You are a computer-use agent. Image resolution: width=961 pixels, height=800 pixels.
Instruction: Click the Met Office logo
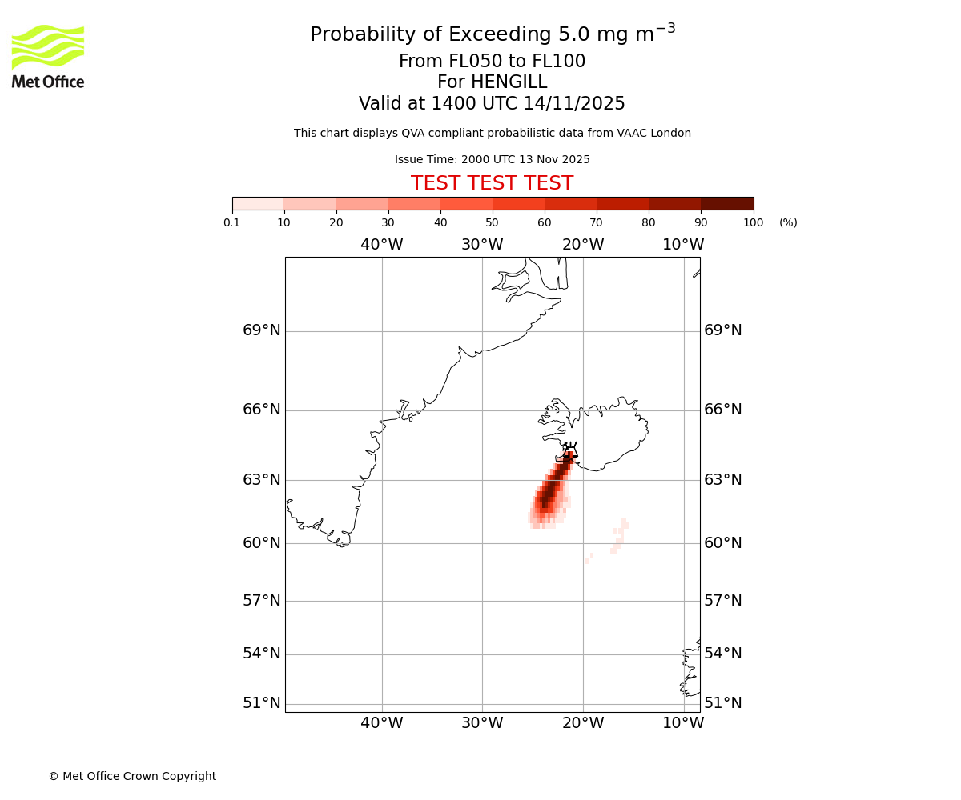pyautogui.click(x=48, y=56)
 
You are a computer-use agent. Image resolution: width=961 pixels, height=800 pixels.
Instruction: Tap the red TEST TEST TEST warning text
pyautogui.click(x=492, y=183)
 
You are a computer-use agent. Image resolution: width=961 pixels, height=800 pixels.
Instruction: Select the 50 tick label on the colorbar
pyautogui.click(x=492, y=222)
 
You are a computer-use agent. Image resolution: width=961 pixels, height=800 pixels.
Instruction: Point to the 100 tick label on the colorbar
pyautogui.click(x=753, y=222)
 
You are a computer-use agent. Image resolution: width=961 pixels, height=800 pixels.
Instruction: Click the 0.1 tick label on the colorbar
pyautogui.click(x=232, y=222)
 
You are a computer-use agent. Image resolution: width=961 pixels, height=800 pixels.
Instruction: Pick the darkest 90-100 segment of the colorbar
pyautogui.click(x=727, y=203)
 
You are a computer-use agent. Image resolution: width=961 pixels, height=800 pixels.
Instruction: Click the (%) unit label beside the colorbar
pyautogui.click(x=788, y=222)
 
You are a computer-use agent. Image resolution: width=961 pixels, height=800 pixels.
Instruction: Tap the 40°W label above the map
pyautogui.click(x=381, y=245)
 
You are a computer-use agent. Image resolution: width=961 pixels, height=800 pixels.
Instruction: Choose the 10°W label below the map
pyautogui.click(x=683, y=723)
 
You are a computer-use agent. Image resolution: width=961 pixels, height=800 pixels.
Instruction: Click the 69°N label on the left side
pyautogui.click(x=262, y=330)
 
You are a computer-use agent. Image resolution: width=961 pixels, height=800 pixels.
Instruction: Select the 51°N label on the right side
pyautogui.click(x=722, y=703)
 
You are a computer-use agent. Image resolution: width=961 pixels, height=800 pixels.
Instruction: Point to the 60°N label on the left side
pyautogui.click(x=262, y=543)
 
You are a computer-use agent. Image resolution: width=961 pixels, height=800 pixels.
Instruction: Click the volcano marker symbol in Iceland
pyautogui.click(x=569, y=450)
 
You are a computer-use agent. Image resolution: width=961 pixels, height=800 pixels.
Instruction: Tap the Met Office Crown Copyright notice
pyautogui.click(x=132, y=776)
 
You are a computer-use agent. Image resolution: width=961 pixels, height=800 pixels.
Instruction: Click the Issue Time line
pyautogui.click(x=492, y=159)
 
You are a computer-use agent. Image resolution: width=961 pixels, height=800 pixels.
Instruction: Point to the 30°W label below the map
pyautogui.click(x=482, y=723)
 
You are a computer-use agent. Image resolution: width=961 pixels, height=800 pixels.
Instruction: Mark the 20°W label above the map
pyautogui.click(x=583, y=245)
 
